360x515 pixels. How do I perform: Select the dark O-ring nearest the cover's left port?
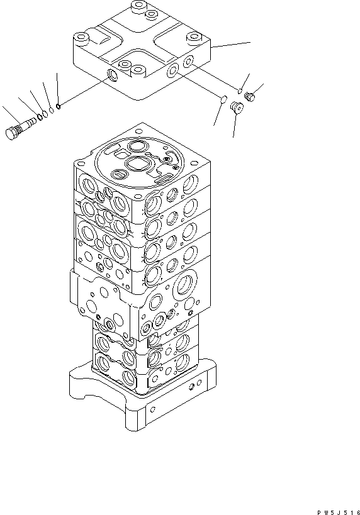[x=58, y=106]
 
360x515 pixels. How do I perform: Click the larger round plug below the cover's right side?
[x=237, y=108]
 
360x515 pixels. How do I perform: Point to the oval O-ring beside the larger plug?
[x=223, y=97]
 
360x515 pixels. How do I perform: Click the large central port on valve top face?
[x=137, y=165]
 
